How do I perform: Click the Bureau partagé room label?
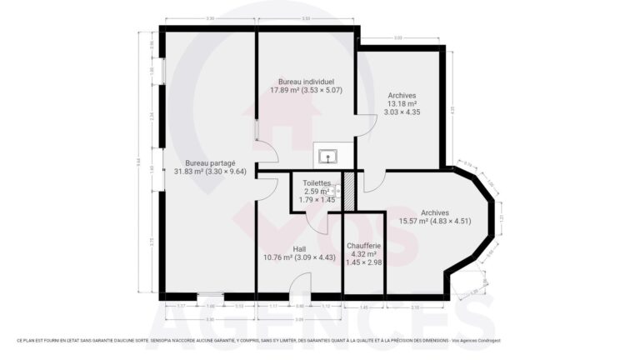tap(210, 162)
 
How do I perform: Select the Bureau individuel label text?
tap(306, 82)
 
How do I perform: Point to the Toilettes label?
tap(317, 183)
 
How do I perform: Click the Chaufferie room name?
tap(363, 246)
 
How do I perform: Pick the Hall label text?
tap(300, 249)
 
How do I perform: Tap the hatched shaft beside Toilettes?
tap(350, 191)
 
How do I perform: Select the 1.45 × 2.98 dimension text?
tap(363, 262)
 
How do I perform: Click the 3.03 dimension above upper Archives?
tap(398, 38)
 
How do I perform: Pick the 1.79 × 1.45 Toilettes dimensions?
tap(317, 200)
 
